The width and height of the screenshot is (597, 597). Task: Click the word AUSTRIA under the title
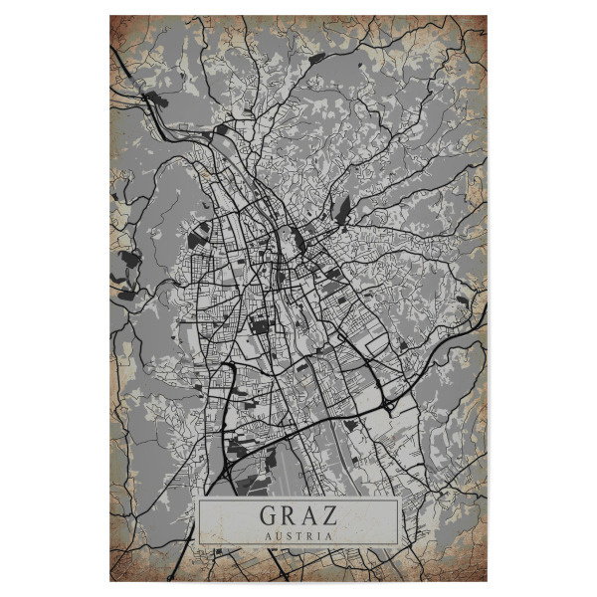click(298, 534)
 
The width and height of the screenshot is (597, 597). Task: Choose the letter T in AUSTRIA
click(298, 534)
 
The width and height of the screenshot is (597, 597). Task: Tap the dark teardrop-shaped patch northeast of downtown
click(343, 210)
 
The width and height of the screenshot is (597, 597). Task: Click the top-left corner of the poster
click(109, 16)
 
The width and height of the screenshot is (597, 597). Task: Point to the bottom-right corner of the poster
click(488, 581)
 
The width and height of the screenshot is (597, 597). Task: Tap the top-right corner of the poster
click(488, 16)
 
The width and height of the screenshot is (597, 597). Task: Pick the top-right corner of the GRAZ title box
click(398, 500)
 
